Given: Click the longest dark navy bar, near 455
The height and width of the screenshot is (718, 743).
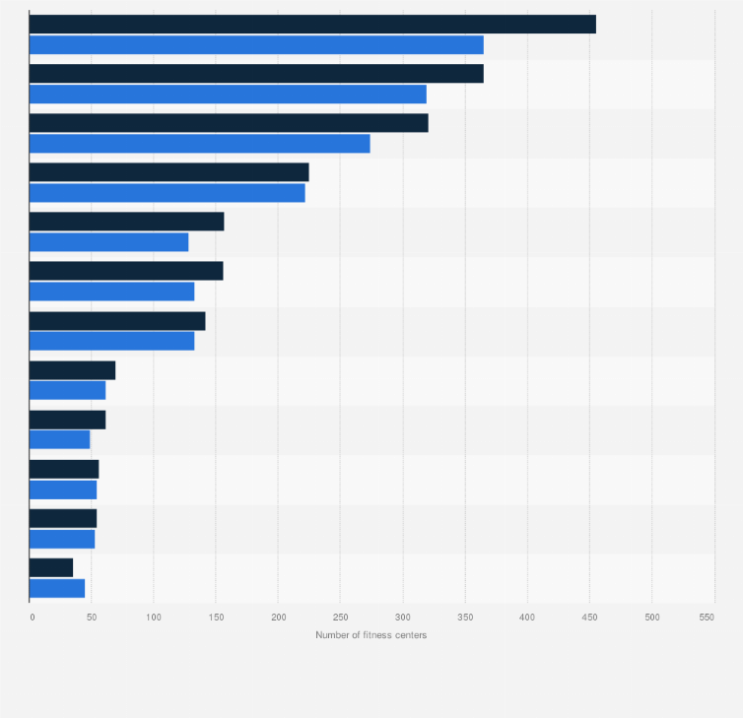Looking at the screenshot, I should (312, 25).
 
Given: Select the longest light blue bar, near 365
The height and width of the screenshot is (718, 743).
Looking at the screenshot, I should (256, 45).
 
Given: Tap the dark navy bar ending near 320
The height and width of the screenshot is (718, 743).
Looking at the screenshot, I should (229, 123).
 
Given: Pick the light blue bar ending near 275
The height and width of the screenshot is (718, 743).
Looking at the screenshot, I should (199, 144).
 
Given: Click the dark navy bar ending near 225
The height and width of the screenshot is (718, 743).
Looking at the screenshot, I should (169, 172).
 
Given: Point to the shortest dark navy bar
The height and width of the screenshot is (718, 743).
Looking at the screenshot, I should (51, 567).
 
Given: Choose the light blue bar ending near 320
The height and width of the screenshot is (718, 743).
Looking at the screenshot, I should (228, 95).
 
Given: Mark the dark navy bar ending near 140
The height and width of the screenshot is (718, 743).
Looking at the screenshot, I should (117, 321).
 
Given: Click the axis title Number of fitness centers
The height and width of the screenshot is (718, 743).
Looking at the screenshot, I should (371, 635).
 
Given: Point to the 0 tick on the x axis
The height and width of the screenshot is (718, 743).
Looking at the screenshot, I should (32, 617).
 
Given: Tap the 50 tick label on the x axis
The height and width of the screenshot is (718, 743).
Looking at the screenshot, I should (92, 617).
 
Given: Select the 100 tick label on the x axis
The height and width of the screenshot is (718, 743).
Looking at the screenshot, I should (154, 617).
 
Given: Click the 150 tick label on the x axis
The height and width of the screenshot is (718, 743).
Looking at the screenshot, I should (216, 617).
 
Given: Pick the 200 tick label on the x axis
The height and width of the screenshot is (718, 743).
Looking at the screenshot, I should (278, 617).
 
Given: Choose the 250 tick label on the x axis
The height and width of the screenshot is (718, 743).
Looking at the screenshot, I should (340, 617).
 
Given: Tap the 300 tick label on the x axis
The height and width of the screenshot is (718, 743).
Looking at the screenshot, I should (402, 617).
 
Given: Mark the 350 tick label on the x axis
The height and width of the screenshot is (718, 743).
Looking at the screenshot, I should (465, 617).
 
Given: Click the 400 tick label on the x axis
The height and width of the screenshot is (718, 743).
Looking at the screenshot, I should (527, 617).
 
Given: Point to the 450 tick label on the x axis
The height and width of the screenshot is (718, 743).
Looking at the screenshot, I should (589, 617).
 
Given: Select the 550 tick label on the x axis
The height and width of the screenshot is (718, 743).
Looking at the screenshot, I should (707, 617).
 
